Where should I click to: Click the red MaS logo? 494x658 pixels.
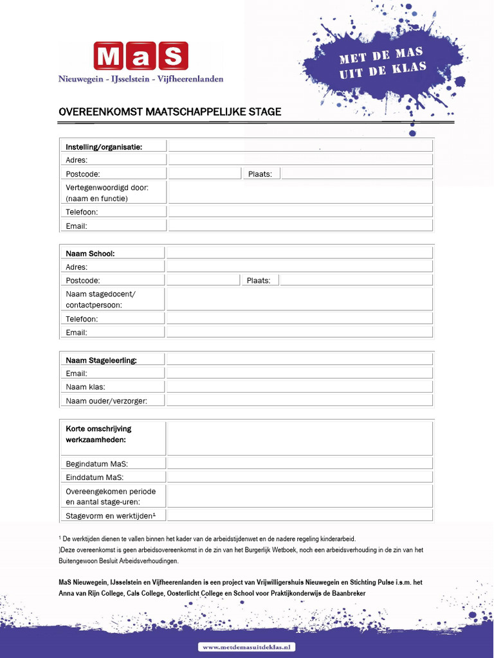pos(141,56)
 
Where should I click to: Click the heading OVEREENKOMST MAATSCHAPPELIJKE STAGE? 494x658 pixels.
pos(170,112)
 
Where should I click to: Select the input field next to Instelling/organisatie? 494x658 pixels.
pos(300,147)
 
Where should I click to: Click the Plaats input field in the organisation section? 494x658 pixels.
pos(356,173)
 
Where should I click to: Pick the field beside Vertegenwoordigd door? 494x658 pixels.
pos(300,192)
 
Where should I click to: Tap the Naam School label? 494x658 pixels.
pos(90,253)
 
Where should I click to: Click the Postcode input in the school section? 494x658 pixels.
pos(203,280)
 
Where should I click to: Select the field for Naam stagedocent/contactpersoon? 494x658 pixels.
pos(300,299)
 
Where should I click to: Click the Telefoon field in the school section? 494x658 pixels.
pos(300,319)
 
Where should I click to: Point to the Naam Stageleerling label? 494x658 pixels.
pos(101,360)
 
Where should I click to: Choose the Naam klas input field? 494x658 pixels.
pos(300,387)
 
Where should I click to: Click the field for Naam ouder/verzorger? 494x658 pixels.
pos(300,400)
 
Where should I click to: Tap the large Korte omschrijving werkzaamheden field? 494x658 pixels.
pos(300,438)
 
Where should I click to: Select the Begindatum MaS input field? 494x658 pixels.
pos(300,463)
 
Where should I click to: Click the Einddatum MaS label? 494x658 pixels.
pos(95,477)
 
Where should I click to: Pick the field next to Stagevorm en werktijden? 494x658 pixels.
pos(300,515)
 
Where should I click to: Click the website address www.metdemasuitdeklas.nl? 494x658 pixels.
pos(247,647)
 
